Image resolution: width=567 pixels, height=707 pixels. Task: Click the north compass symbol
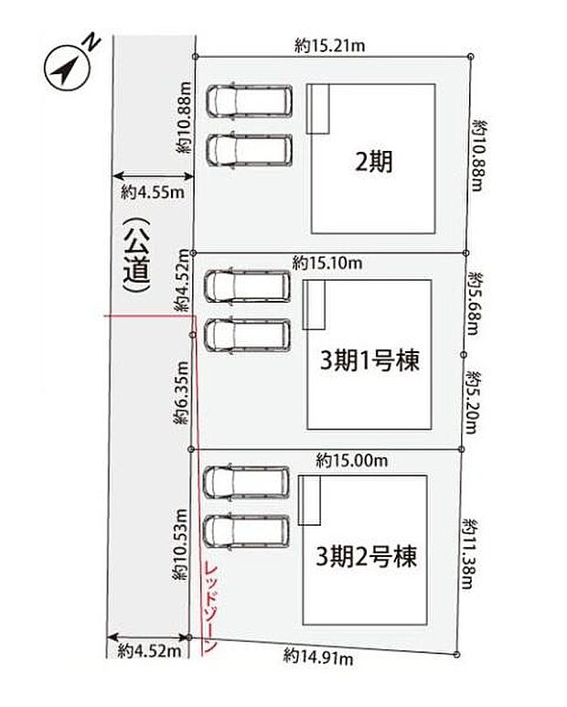coord(67,68)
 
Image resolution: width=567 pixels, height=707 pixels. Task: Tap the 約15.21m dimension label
coord(329,46)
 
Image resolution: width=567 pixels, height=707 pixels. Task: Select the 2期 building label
coord(374,161)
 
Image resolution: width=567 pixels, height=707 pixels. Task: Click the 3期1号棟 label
coord(369,360)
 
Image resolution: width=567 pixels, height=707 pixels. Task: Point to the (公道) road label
coord(136,256)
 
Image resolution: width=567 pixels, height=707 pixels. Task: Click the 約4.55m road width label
coord(153,193)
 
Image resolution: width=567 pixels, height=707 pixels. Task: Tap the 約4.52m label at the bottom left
coord(149,651)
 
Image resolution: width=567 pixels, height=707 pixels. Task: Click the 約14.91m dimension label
coord(318,657)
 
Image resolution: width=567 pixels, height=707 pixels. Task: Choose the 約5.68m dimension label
coord(475,303)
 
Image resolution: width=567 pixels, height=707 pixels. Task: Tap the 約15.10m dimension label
coord(327,262)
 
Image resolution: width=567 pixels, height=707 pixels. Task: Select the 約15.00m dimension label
coord(352,461)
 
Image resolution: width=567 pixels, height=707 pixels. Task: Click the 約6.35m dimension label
coord(181,392)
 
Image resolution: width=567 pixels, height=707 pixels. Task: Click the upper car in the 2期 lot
coord(250,101)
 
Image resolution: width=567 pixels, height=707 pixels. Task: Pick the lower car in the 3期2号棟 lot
coord(246,531)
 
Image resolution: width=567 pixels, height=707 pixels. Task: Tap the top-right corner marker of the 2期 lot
coord(471,57)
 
